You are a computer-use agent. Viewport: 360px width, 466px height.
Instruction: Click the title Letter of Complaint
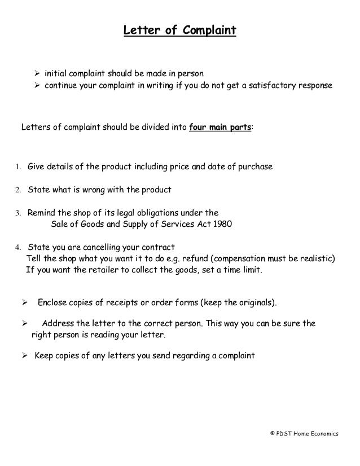coord(179,29)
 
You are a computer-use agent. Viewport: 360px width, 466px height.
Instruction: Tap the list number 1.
coord(17,168)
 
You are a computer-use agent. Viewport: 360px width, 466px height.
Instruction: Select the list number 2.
coord(17,190)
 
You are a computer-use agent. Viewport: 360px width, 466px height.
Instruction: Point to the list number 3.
coord(17,213)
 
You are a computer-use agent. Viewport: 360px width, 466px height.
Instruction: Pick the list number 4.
coord(17,248)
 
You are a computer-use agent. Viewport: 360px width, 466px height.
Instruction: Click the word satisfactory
coord(269,87)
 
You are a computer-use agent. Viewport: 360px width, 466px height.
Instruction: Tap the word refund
coord(209,259)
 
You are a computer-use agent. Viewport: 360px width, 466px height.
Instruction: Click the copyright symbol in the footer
coord(272,433)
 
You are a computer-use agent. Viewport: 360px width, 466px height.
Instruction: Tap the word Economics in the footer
coord(323,433)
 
